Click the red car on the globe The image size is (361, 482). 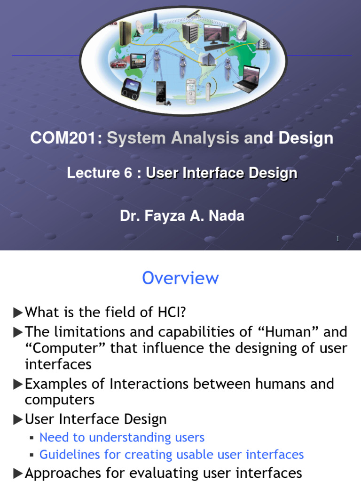[x=118, y=64]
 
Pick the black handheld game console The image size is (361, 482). [x=131, y=87]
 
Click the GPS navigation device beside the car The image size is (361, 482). [x=138, y=60]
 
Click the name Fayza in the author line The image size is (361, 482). [x=159, y=216]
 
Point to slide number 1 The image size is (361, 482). [x=337, y=240]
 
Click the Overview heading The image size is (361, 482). [x=180, y=278]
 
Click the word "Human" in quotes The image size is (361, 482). [x=286, y=332]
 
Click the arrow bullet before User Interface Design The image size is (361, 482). [x=18, y=419]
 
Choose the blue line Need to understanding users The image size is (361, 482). [x=122, y=437]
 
